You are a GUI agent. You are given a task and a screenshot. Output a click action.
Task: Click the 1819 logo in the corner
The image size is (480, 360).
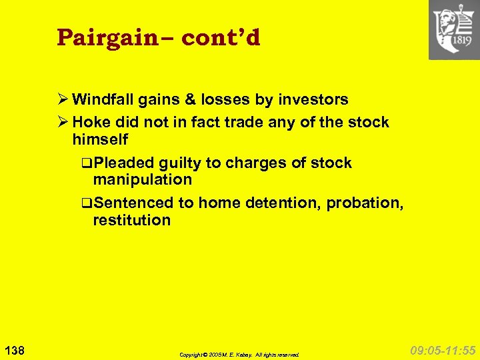[x=454, y=30]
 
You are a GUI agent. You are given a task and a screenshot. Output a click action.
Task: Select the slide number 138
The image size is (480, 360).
[x=14, y=349]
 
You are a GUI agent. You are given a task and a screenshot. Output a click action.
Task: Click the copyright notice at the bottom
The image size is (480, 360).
[x=239, y=355]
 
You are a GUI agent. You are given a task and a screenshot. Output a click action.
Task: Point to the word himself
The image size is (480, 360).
[x=100, y=140]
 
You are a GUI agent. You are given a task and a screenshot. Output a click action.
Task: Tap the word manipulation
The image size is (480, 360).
[x=142, y=180]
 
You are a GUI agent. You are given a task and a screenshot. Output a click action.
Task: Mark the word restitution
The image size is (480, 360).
[x=131, y=220]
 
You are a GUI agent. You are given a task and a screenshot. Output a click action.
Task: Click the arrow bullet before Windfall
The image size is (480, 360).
[x=63, y=100]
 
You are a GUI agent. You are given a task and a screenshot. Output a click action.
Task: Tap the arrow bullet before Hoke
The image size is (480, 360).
[x=63, y=123]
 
